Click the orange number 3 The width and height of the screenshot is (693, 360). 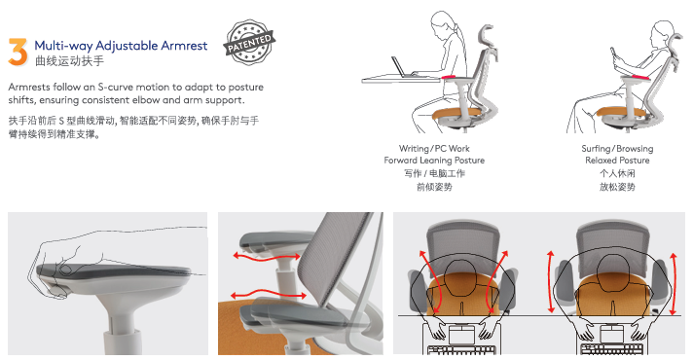pyautogui.click(x=18, y=53)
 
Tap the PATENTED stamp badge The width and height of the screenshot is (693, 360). pyautogui.click(x=249, y=43)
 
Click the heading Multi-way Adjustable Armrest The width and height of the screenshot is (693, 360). pyautogui.click(x=121, y=46)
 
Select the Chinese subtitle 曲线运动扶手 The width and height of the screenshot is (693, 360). pyautogui.click(x=69, y=61)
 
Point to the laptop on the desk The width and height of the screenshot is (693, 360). pyautogui.click(x=402, y=67)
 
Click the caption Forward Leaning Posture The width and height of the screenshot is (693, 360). pyautogui.click(x=434, y=161)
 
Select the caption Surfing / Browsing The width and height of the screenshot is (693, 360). pyautogui.click(x=617, y=149)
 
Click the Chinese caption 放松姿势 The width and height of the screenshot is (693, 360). pyautogui.click(x=617, y=187)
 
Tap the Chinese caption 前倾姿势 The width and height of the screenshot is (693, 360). pyautogui.click(x=434, y=187)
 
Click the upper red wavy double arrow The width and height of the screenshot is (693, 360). pyautogui.click(x=267, y=256)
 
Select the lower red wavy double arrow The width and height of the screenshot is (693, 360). pyautogui.click(x=269, y=295)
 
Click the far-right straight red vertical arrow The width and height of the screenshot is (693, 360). pyautogui.click(x=674, y=283)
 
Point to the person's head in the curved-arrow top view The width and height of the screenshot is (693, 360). pyautogui.click(x=460, y=278)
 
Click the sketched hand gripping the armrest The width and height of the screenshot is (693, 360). pyautogui.click(x=57, y=268)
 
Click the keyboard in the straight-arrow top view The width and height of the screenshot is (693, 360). pyautogui.click(x=612, y=350)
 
